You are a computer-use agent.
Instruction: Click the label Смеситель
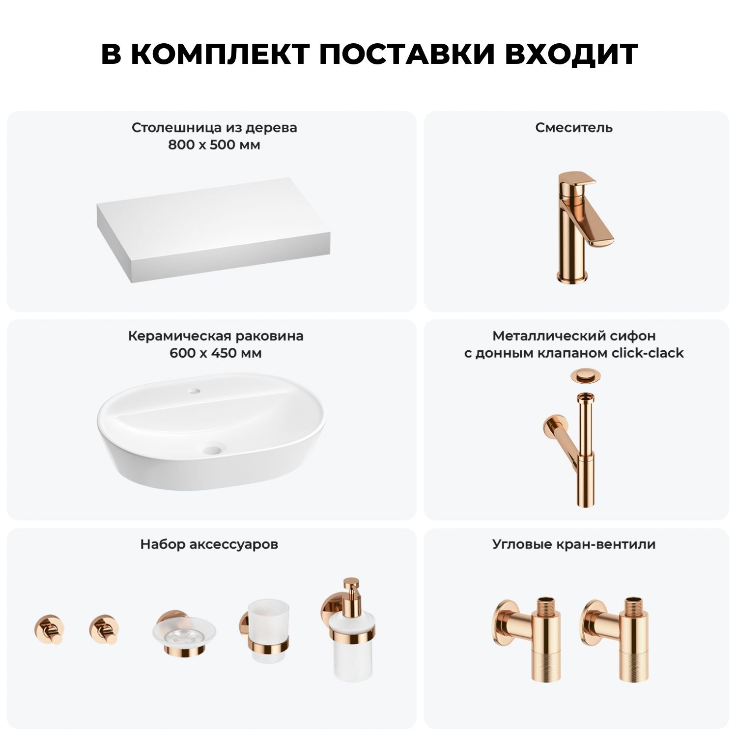[574, 128]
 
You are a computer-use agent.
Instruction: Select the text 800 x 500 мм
[214, 145]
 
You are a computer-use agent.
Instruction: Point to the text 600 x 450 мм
[215, 353]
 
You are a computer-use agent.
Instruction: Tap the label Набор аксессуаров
[209, 544]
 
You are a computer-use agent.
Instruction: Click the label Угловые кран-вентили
[574, 545]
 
